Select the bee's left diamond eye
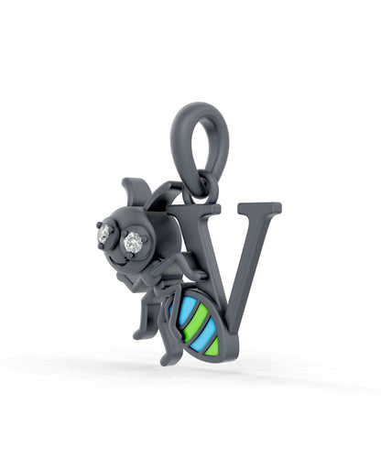pyautogui.click(x=104, y=234)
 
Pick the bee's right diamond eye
pyautogui.click(x=134, y=242)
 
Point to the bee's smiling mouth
pyautogui.click(x=117, y=262)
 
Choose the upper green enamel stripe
pyautogui.click(x=195, y=322)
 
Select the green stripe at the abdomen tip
pyautogui.click(x=212, y=346)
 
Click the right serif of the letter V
pyautogui.click(x=259, y=208)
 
